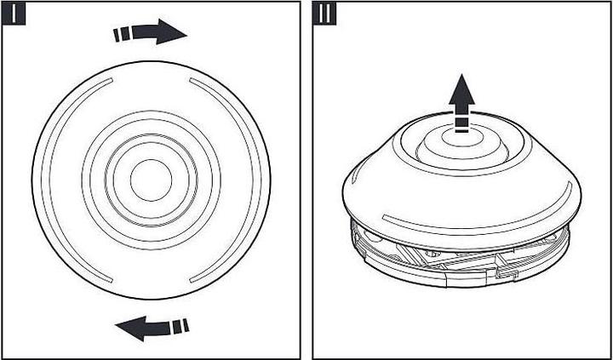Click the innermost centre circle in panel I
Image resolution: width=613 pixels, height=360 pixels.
(x=151, y=179)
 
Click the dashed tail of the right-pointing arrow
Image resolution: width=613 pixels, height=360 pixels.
(x=123, y=34)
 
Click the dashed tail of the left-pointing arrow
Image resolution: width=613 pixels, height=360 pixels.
(x=179, y=326)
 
